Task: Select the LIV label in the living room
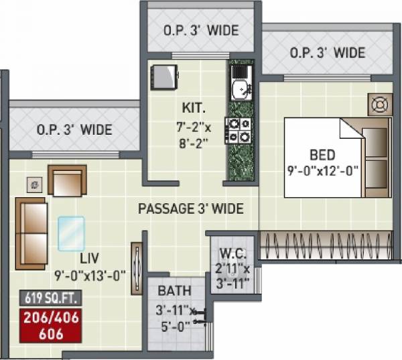pos(90,258)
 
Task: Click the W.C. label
pos(232,255)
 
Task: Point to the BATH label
pos(174,292)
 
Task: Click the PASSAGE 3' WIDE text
pos(190,208)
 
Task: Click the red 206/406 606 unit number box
pos(52,325)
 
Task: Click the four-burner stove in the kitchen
pos(239,129)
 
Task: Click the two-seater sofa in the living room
pos(31,233)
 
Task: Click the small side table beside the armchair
pos(33,183)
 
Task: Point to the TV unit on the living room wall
pos(137,263)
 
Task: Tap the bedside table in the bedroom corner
pos(379,105)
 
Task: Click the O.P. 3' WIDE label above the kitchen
pos(200,31)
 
